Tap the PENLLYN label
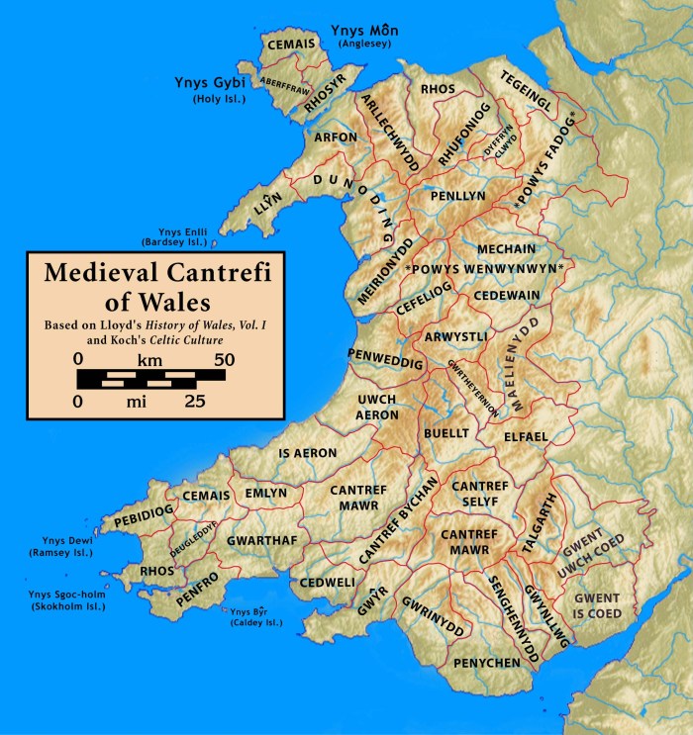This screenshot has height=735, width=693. (457, 197)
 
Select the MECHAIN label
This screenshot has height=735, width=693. (506, 248)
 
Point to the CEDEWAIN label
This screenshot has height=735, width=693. (507, 295)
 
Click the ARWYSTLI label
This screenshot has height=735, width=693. (455, 337)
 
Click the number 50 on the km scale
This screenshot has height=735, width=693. (225, 359)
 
